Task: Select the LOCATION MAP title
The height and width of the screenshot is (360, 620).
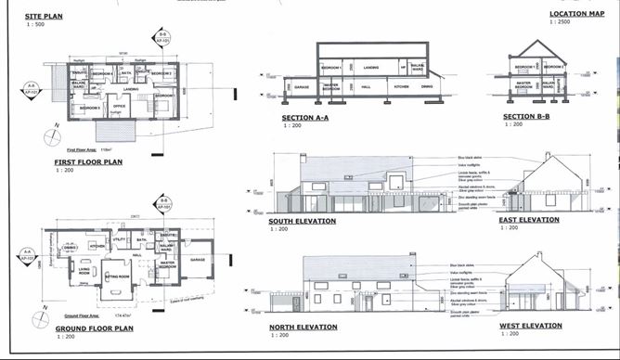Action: click(x=571, y=15)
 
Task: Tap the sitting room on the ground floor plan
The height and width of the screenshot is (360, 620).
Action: click(x=117, y=276)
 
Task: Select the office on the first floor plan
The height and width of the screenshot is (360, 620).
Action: click(x=119, y=106)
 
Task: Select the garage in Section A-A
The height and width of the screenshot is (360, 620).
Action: click(x=302, y=88)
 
